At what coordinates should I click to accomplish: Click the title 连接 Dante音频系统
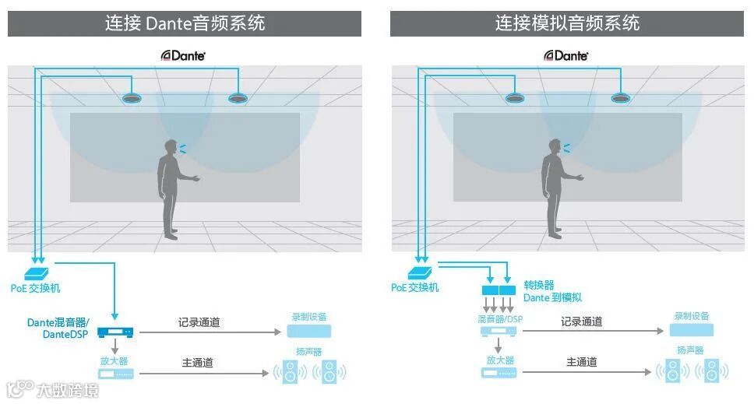point(185,23)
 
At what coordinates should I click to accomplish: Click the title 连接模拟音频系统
point(567,23)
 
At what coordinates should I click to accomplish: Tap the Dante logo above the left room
point(183,55)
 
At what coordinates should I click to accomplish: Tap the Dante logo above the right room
point(566,55)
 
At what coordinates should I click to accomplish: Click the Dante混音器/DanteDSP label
point(58,328)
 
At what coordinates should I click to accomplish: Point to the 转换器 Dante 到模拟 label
point(552,291)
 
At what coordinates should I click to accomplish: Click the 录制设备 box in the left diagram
point(308,331)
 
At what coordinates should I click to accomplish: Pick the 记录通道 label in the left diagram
point(199,321)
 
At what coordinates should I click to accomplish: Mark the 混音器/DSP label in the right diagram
point(500,319)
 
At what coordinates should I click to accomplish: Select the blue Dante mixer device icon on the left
point(116,332)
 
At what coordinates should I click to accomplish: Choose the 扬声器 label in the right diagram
point(690,350)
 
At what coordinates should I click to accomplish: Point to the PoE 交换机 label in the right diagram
point(415,287)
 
